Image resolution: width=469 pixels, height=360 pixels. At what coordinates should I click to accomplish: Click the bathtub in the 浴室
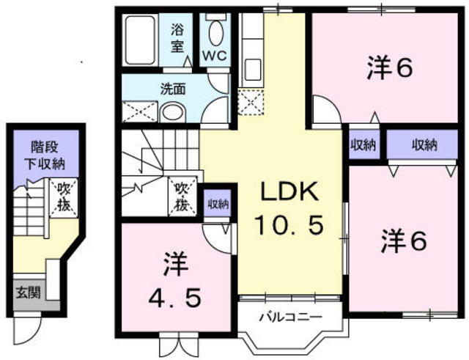click(140, 40)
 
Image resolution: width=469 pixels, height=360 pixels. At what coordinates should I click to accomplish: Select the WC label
click(215, 56)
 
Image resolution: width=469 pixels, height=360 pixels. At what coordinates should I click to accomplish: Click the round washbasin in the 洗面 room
click(173, 112)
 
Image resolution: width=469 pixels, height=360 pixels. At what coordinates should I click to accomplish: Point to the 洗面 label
click(173, 89)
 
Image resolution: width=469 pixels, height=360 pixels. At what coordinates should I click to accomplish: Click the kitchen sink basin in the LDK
click(253, 70)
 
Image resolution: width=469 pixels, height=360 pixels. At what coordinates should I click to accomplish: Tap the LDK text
click(289, 192)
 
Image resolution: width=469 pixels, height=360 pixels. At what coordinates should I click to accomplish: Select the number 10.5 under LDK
click(289, 225)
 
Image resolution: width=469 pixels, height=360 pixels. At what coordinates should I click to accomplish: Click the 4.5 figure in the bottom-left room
click(175, 298)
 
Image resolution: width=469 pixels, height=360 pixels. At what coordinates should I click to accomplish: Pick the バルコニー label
click(291, 316)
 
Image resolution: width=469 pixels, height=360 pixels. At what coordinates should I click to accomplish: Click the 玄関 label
click(28, 293)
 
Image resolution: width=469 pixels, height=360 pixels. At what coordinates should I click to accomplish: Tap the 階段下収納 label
click(44, 155)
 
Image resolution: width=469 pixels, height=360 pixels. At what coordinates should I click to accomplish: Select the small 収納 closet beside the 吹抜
click(218, 204)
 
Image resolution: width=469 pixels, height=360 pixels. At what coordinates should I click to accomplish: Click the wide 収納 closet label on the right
click(424, 145)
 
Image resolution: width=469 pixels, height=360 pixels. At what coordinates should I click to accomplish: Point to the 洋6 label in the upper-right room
click(390, 68)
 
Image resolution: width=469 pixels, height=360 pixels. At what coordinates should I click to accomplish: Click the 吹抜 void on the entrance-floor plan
click(64, 197)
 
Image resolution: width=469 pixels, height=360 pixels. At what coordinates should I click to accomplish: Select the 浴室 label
click(177, 38)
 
